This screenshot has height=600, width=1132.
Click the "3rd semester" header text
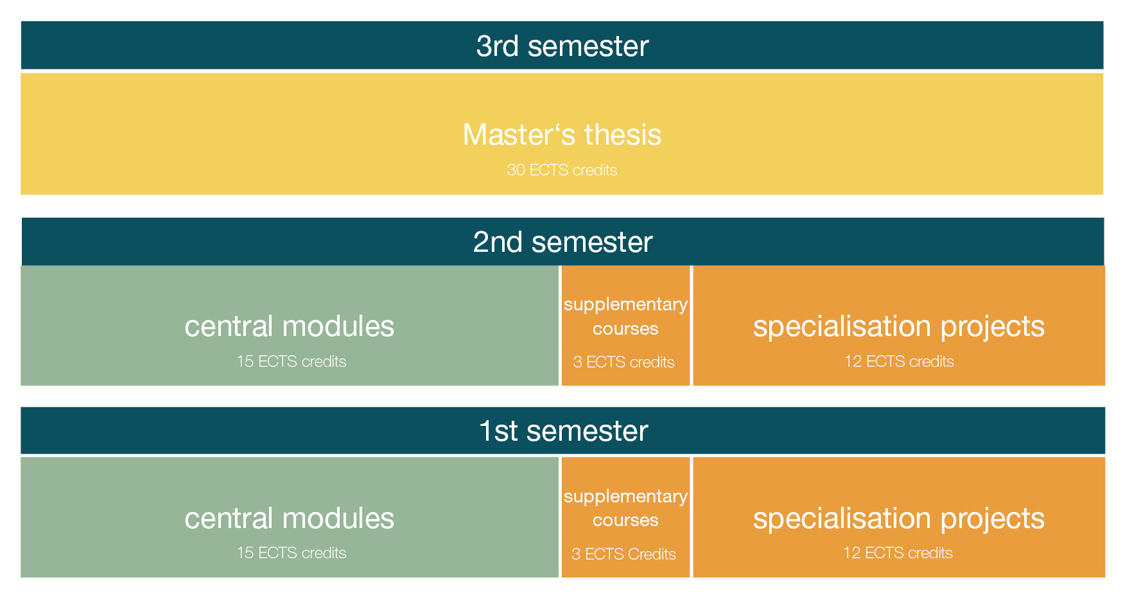click(x=562, y=46)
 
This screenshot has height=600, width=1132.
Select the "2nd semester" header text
click(x=562, y=242)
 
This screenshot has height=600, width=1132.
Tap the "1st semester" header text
click(x=563, y=431)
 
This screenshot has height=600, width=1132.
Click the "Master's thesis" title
click(x=562, y=135)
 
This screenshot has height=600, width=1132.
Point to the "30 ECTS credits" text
click(x=562, y=170)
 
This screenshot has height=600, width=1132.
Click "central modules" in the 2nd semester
click(x=290, y=326)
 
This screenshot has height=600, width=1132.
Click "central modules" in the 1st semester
click(x=290, y=518)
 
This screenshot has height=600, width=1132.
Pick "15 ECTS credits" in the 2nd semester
click(x=292, y=362)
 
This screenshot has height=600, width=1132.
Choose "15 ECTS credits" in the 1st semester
click(x=292, y=553)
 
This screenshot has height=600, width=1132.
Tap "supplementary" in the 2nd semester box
click(x=625, y=304)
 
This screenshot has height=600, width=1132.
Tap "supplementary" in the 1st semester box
click(x=625, y=497)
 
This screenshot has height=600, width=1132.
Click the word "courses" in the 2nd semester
click(x=625, y=329)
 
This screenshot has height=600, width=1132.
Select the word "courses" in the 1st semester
click(x=625, y=520)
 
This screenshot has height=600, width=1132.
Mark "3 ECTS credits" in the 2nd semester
click(x=623, y=362)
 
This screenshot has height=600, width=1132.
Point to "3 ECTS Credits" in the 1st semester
click(x=623, y=554)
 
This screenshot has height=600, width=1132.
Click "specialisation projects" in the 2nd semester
click(x=899, y=327)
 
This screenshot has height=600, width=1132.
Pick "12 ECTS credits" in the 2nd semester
click(x=899, y=362)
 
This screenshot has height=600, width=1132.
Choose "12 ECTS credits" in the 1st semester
click(x=898, y=553)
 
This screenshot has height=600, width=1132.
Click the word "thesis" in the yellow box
click(x=623, y=135)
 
